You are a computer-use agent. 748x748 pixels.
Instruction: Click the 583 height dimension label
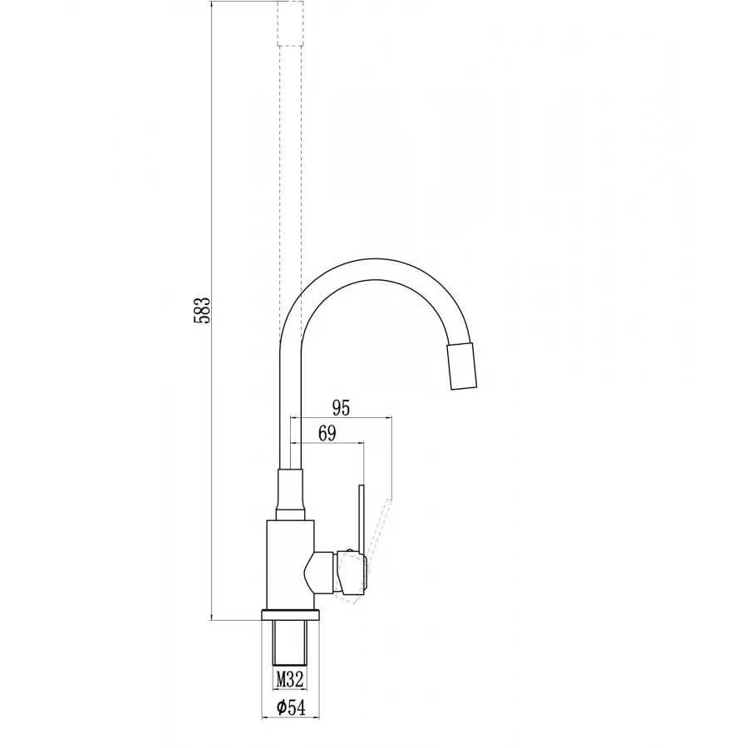pos(202,311)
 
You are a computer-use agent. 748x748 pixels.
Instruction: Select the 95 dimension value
pos(341,408)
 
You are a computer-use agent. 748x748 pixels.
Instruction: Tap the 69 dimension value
pos(327,434)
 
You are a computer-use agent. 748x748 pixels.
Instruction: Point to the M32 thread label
pos(290,679)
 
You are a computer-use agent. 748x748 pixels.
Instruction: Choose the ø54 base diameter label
pos(291,707)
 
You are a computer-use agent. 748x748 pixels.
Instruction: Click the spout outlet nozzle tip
pos(461,366)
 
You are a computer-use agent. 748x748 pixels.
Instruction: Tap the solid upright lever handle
pos(362,520)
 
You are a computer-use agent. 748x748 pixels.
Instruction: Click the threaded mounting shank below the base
pos(290,642)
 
